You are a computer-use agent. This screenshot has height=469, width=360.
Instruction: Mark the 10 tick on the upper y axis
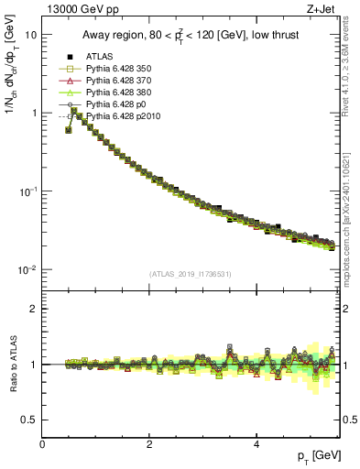30,34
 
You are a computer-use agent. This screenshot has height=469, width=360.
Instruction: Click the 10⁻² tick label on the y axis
27,270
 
